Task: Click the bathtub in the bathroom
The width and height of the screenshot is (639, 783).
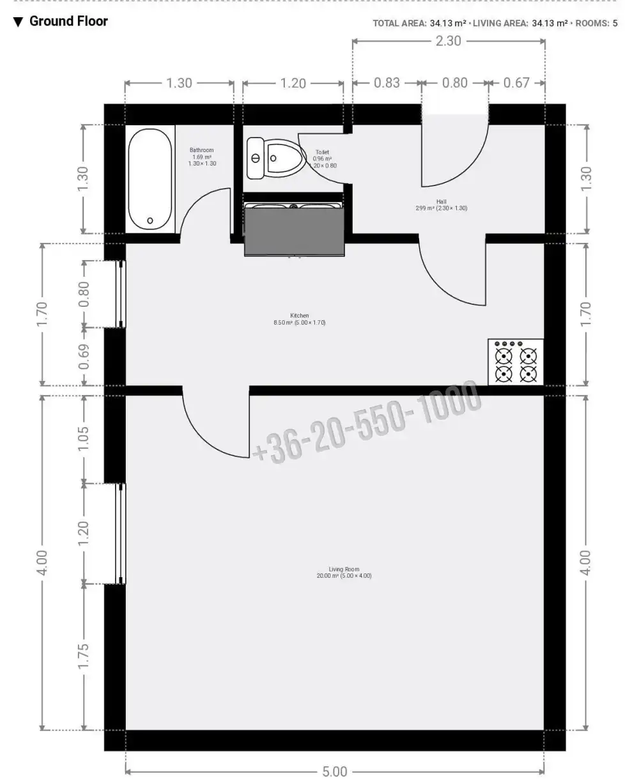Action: click(150, 179)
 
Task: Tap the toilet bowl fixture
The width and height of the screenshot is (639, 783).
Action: click(279, 158)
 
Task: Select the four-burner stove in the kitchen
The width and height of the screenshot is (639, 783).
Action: click(516, 362)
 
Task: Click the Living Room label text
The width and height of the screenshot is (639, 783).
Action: click(344, 572)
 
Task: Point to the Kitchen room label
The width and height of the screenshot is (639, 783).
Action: click(300, 319)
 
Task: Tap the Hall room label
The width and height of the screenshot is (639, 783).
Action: click(441, 205)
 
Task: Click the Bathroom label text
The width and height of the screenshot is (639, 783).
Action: click(202, 157)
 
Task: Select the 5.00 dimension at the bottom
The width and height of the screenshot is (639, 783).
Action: click(334, 770)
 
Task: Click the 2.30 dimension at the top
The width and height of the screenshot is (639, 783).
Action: click(449, 41)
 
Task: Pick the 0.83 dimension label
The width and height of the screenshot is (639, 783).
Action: click(387, 83)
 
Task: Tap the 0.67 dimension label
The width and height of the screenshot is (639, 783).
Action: click(516, 83)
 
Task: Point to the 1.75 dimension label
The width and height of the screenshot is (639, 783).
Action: click(84, 657)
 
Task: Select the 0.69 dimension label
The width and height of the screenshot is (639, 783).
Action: click(84, 357)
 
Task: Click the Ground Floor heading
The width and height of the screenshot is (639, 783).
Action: click(68, 21)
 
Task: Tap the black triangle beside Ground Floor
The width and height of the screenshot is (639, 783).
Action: click(18, 22)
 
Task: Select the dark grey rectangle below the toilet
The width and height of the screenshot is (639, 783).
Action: click(295, 231)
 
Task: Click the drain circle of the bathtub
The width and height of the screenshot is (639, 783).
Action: click(150, 221)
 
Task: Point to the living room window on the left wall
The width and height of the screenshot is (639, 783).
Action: click(121, 534)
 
